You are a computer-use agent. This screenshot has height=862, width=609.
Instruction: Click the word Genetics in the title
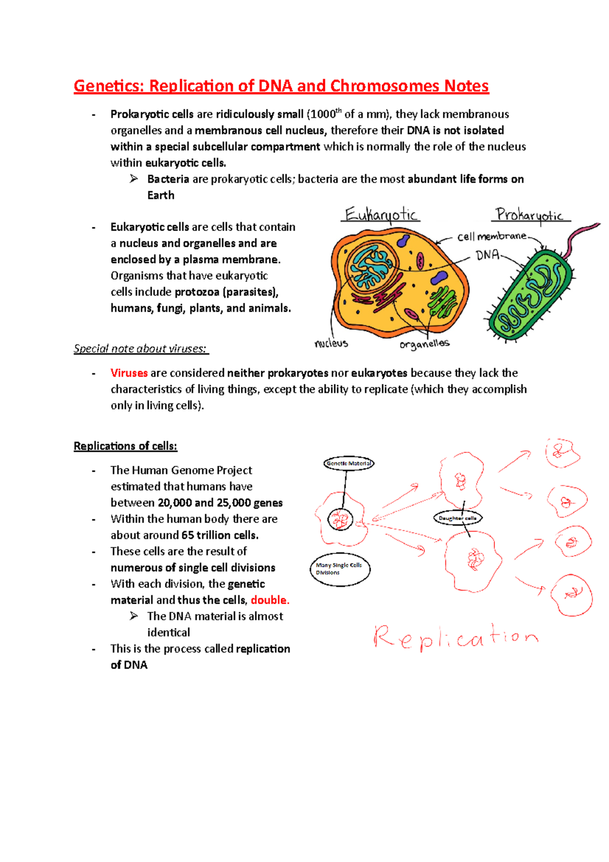[107, 86]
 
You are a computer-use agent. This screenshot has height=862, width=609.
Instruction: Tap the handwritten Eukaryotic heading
[381, 215]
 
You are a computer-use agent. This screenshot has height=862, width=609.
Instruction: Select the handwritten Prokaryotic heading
[529, 215]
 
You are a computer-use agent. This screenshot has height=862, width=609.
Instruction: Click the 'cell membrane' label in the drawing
[492, 237]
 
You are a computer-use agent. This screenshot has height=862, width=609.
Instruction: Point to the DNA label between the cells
[488, 255]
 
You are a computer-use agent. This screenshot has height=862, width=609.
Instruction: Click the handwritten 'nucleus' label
[331, 344]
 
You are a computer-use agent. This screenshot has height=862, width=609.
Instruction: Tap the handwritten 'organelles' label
[424, 345]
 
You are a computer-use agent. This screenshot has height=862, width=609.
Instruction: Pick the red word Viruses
[129, 373]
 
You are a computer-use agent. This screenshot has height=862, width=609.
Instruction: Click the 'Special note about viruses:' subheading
[140, 349]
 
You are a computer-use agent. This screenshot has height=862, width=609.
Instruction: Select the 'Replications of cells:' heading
[125, 446]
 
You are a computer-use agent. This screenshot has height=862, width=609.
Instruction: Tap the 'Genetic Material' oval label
[349, 463]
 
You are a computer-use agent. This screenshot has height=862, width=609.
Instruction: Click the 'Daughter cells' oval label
[457, 518]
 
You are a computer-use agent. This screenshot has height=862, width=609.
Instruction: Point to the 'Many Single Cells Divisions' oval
[340, 569]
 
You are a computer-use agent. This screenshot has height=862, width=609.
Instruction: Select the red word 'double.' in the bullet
[270, 600]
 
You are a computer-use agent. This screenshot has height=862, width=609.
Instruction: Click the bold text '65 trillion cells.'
[220, 535]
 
